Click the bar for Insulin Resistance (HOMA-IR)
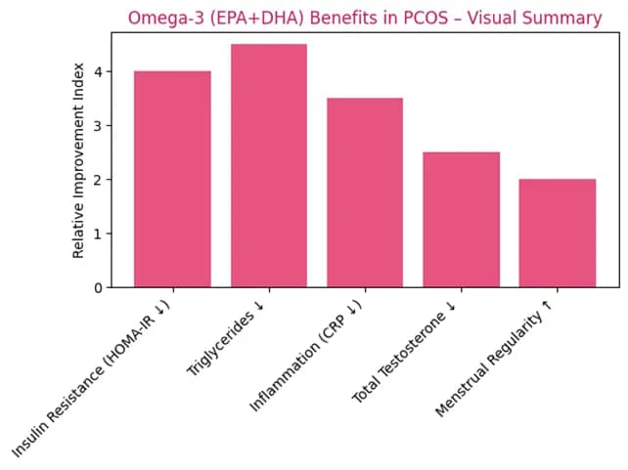tap(172, 180)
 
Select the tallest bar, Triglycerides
tap(268, 166)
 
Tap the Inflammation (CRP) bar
tap(364, 192)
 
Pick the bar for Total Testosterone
tap(461, 220)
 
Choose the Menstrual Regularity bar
tap(557, 234)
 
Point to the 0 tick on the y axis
tap(97, 288)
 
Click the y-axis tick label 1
tap(97, 235)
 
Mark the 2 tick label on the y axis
tap(97, 180)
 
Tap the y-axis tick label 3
tap(97, 126)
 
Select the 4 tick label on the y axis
tap(97, 71)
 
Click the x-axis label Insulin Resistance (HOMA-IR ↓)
tap(92, 377)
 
